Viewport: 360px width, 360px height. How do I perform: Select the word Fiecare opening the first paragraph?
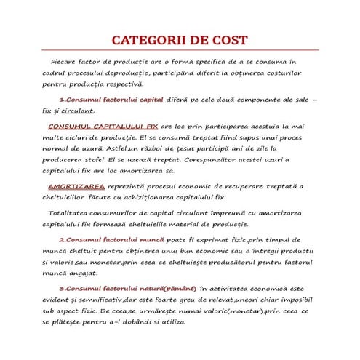click(x=65, y=63)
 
